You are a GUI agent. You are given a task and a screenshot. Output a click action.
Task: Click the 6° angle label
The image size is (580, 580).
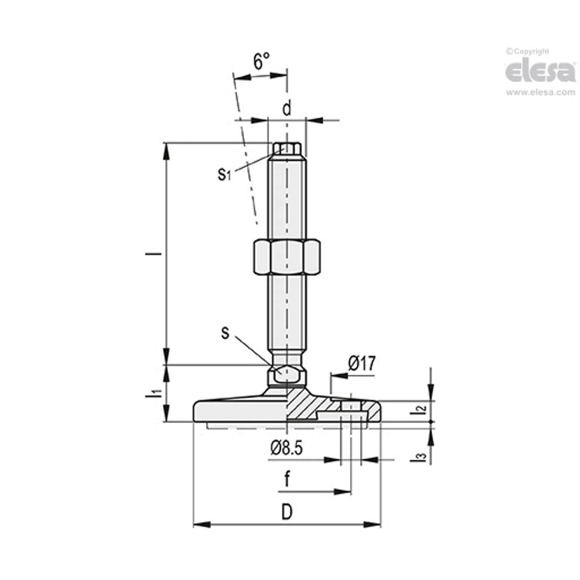click(261, 62)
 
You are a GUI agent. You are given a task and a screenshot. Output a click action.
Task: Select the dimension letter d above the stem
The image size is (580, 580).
click(286, 109)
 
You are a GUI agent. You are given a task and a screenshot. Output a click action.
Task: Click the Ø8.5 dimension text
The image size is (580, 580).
click(287, 448)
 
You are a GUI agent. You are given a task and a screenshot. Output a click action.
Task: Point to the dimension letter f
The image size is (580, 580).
click(287, 479)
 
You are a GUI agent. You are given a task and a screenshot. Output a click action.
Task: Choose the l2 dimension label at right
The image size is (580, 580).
click(419, 409)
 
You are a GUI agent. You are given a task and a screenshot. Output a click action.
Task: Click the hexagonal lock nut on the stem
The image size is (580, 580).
click(287, 257)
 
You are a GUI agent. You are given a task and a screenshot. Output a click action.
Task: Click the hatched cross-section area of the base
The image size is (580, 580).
click(306, 404)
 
